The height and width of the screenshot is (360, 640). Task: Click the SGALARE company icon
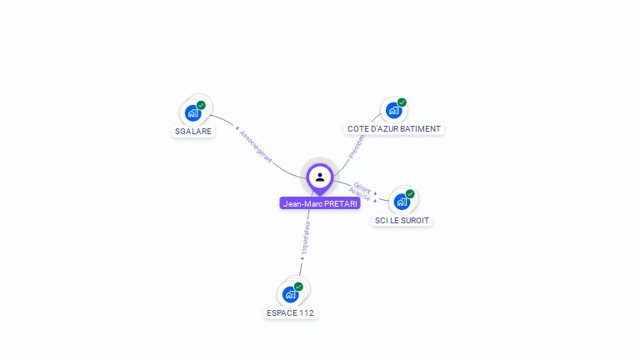[193, 112]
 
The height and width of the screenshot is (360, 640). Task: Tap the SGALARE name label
[193, 131]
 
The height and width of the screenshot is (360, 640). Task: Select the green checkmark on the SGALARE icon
[201, 105]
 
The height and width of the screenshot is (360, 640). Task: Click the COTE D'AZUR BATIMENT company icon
[393, 110]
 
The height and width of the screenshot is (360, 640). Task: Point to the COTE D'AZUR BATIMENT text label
[394, 128]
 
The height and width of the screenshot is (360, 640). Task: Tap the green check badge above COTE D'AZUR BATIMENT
[402, 102]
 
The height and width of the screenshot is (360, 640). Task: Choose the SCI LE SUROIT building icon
[402, 202]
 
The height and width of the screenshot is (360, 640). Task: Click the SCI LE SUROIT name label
[403, 220]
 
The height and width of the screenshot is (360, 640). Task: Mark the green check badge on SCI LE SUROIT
[410, 194]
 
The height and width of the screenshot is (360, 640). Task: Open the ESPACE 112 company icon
[290, 294]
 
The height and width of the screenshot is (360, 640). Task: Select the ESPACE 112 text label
[290, 312]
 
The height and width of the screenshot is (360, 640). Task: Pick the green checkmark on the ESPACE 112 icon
[298, 287]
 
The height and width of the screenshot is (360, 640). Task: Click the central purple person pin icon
[320, 177]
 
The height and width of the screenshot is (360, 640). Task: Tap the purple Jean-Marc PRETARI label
[320, 203]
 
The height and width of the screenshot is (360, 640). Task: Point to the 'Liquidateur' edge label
[305, 238]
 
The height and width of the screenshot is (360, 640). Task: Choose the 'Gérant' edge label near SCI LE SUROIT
[362, 187]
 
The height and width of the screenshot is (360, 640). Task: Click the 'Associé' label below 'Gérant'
[360, 195]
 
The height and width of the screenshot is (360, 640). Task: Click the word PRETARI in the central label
[342, 203]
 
